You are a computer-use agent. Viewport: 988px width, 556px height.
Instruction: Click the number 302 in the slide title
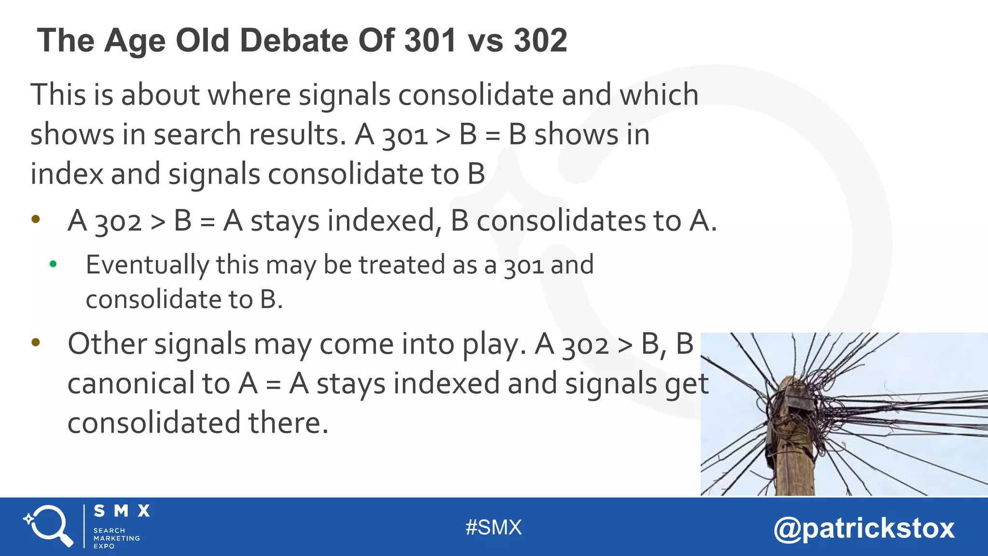click(x=540, y=40)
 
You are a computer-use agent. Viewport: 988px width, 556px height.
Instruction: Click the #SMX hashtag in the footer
click(x=494, y=528)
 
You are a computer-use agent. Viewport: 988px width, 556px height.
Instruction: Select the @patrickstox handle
click(x=864, y=528)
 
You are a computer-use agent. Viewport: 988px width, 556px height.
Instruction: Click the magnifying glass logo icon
click(x=48, y=526)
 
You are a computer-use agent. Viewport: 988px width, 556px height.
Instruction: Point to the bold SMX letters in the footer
click(x=122, y=511)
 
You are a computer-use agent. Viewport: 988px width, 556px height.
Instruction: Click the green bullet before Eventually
click(x=53, y=264)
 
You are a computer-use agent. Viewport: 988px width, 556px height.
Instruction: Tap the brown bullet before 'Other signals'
click(x=36, y=343)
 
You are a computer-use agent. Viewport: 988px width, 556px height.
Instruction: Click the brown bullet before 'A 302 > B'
click(x=36, y=219)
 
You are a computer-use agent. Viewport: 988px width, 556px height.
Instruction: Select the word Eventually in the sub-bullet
click(x=147, y=265)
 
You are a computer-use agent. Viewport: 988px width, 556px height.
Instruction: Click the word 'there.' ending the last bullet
click(x=288, y=423)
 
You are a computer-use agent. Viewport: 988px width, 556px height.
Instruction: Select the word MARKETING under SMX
click(x=117, y=538)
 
